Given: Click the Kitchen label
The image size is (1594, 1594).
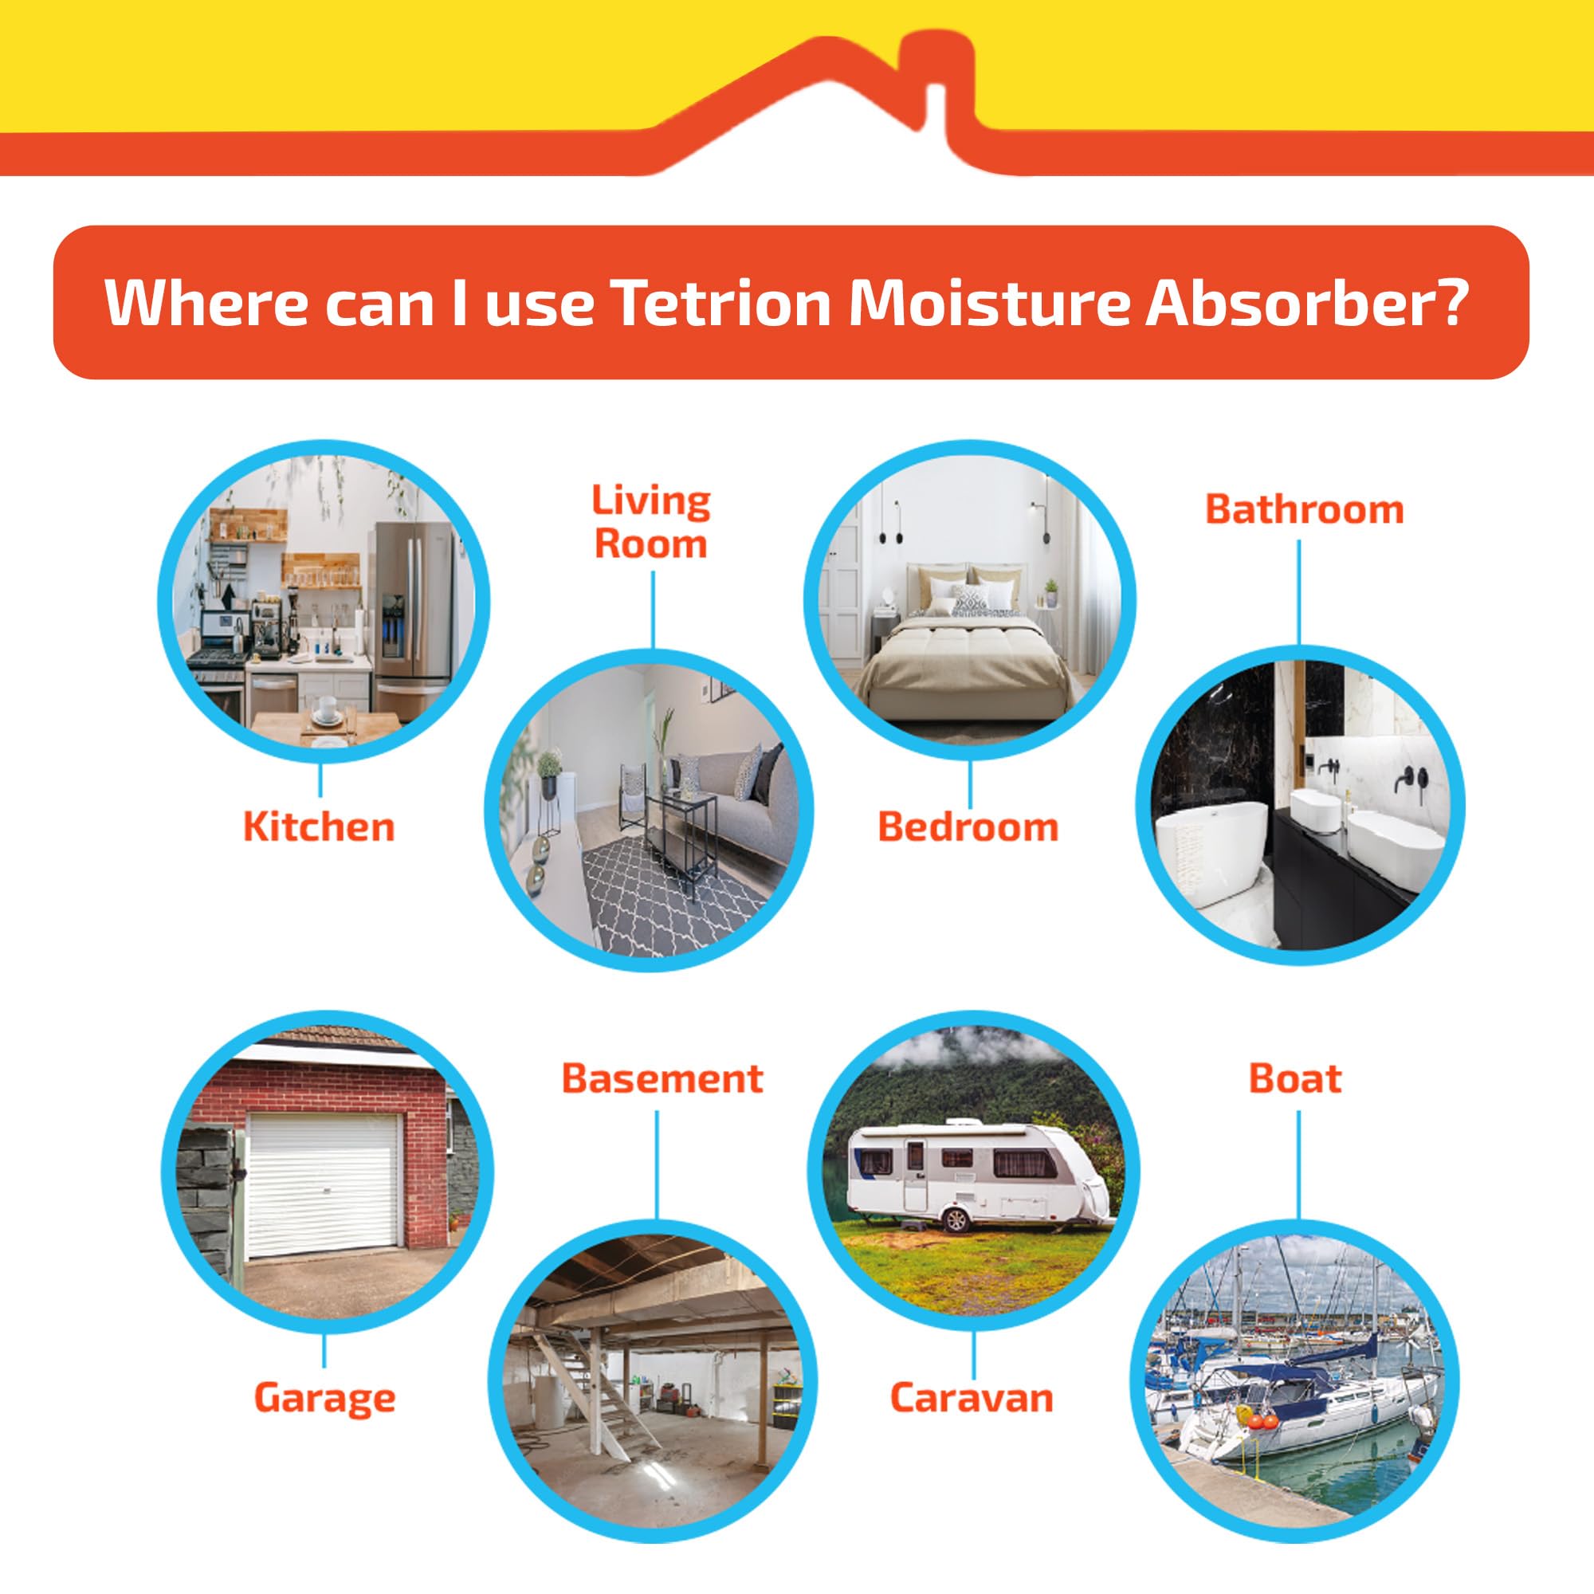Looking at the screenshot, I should pos(319,826).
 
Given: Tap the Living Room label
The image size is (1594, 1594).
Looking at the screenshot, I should pos(651,523).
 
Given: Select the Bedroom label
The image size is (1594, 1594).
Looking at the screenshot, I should pos(967,826).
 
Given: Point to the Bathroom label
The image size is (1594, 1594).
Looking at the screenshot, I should pos(1305,510).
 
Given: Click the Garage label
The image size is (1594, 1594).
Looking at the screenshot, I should pos(324,1398).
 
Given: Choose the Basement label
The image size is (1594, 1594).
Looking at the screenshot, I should pos(662,1078).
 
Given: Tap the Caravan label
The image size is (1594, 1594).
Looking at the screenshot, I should pos(971,1398).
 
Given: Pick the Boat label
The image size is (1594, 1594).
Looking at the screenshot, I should pos(1295,1078).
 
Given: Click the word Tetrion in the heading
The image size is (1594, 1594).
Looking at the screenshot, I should pos(723,303).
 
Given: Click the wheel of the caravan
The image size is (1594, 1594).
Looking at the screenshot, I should pos(956,1219).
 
